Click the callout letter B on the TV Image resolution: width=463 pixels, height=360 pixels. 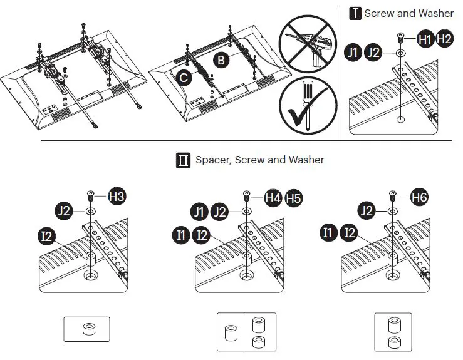(x=221, y=61)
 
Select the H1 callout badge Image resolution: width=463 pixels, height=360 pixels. (x=425, y=39)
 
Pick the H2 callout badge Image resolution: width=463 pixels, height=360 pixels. (x=444, y=39)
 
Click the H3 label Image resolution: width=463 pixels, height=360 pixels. (x=117, y=197)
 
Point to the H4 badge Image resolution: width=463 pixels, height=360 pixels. (x=273, y=198)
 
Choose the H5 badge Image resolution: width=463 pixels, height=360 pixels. (x=293, y=198)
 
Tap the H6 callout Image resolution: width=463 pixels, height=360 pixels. (x=420, y=197)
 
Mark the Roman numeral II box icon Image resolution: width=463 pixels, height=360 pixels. (x=184, y=160)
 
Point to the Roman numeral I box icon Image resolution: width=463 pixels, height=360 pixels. (x=355, y=13)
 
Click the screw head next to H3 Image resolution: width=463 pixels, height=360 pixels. (x=91, y=195)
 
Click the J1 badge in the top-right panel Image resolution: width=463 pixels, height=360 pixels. (x=354, y=53)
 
